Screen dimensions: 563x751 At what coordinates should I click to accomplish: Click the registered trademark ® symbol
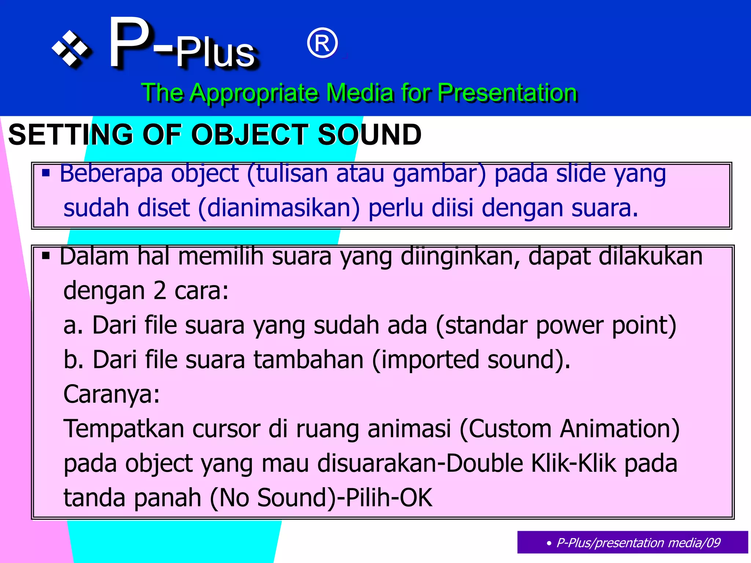point(322,44)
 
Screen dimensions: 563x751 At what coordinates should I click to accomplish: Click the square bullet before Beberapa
point(46,173)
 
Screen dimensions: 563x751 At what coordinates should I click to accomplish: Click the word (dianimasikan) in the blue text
point(279,208)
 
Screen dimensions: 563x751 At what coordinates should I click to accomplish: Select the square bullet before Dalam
point(46,255)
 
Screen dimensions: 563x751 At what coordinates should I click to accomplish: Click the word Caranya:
point(111,394)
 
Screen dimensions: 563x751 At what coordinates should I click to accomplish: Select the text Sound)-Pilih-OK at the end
point(345,498)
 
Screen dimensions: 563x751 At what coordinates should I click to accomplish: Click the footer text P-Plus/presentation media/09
point(638,542)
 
